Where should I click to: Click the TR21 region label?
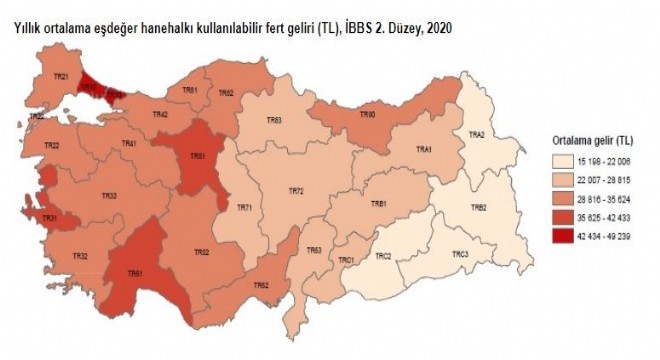coord(61,77)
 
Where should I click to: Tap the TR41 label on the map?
coord(129,144)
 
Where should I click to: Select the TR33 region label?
coord(109,195)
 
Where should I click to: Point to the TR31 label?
coord(49,218)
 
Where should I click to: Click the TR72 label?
coord(295,190)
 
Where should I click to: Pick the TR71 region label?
coord(244,207)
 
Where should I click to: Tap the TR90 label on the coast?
coord(368,115)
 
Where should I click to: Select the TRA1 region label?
coord(424,150)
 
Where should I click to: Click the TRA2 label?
coord(477,134)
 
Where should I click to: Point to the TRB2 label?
coord(479,207)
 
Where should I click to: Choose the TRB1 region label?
coord(379,204)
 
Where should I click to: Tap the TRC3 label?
coord(460,254)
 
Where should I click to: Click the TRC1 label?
coord(347,259)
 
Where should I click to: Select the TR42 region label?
coord(160,115)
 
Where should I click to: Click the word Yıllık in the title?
coord(30,29)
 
